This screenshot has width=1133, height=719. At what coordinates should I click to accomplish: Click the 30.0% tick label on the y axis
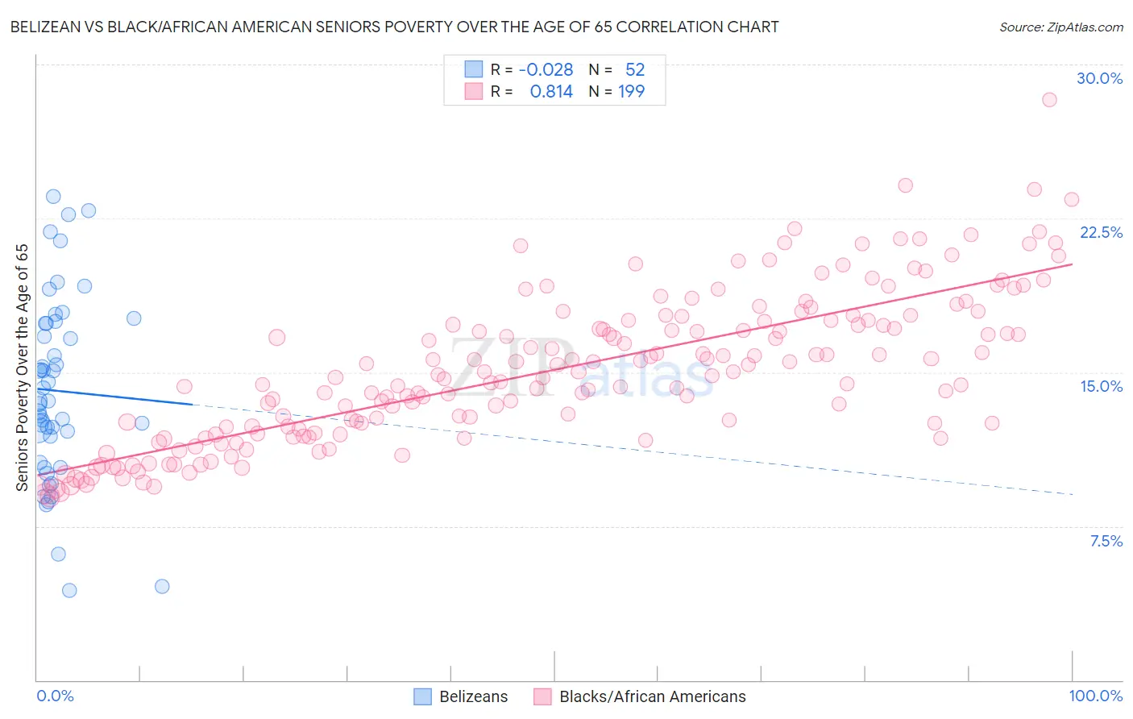click(1099, 78)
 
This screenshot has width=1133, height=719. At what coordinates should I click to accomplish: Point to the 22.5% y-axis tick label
click(1101, 232)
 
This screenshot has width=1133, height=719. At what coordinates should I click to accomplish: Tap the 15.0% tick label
click(1101, 386)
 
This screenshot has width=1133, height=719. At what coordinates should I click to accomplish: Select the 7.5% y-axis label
click(1106, 541)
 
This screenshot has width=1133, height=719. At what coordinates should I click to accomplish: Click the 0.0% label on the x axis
click(55, 696)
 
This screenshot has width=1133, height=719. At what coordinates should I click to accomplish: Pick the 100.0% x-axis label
click(1095, 696)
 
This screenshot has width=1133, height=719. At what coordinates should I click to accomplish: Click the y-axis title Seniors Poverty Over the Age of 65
click(22, 367)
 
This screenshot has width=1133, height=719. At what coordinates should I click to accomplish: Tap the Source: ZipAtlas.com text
click(1060, 27)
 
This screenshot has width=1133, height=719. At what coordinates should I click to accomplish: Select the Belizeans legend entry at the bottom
click(461, 696)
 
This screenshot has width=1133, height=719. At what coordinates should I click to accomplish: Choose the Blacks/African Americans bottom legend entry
click(641, 696)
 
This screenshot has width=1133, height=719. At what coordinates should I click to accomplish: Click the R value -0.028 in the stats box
click(546, 69)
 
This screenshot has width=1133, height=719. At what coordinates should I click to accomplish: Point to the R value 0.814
click(551, 91)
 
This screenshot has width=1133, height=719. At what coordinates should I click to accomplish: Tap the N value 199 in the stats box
click(631, 91)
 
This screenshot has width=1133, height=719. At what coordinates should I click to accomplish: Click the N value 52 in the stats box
click(635, 69)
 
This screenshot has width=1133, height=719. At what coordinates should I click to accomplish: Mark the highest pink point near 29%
click(1048, 100)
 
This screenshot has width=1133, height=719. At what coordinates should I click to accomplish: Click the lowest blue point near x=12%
click(162, 586)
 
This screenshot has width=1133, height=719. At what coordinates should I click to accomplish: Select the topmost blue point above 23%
click(53, 197)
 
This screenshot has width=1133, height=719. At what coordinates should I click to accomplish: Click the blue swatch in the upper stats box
click(473, 69)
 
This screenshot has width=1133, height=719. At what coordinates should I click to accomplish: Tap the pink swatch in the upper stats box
click(473, 91)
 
